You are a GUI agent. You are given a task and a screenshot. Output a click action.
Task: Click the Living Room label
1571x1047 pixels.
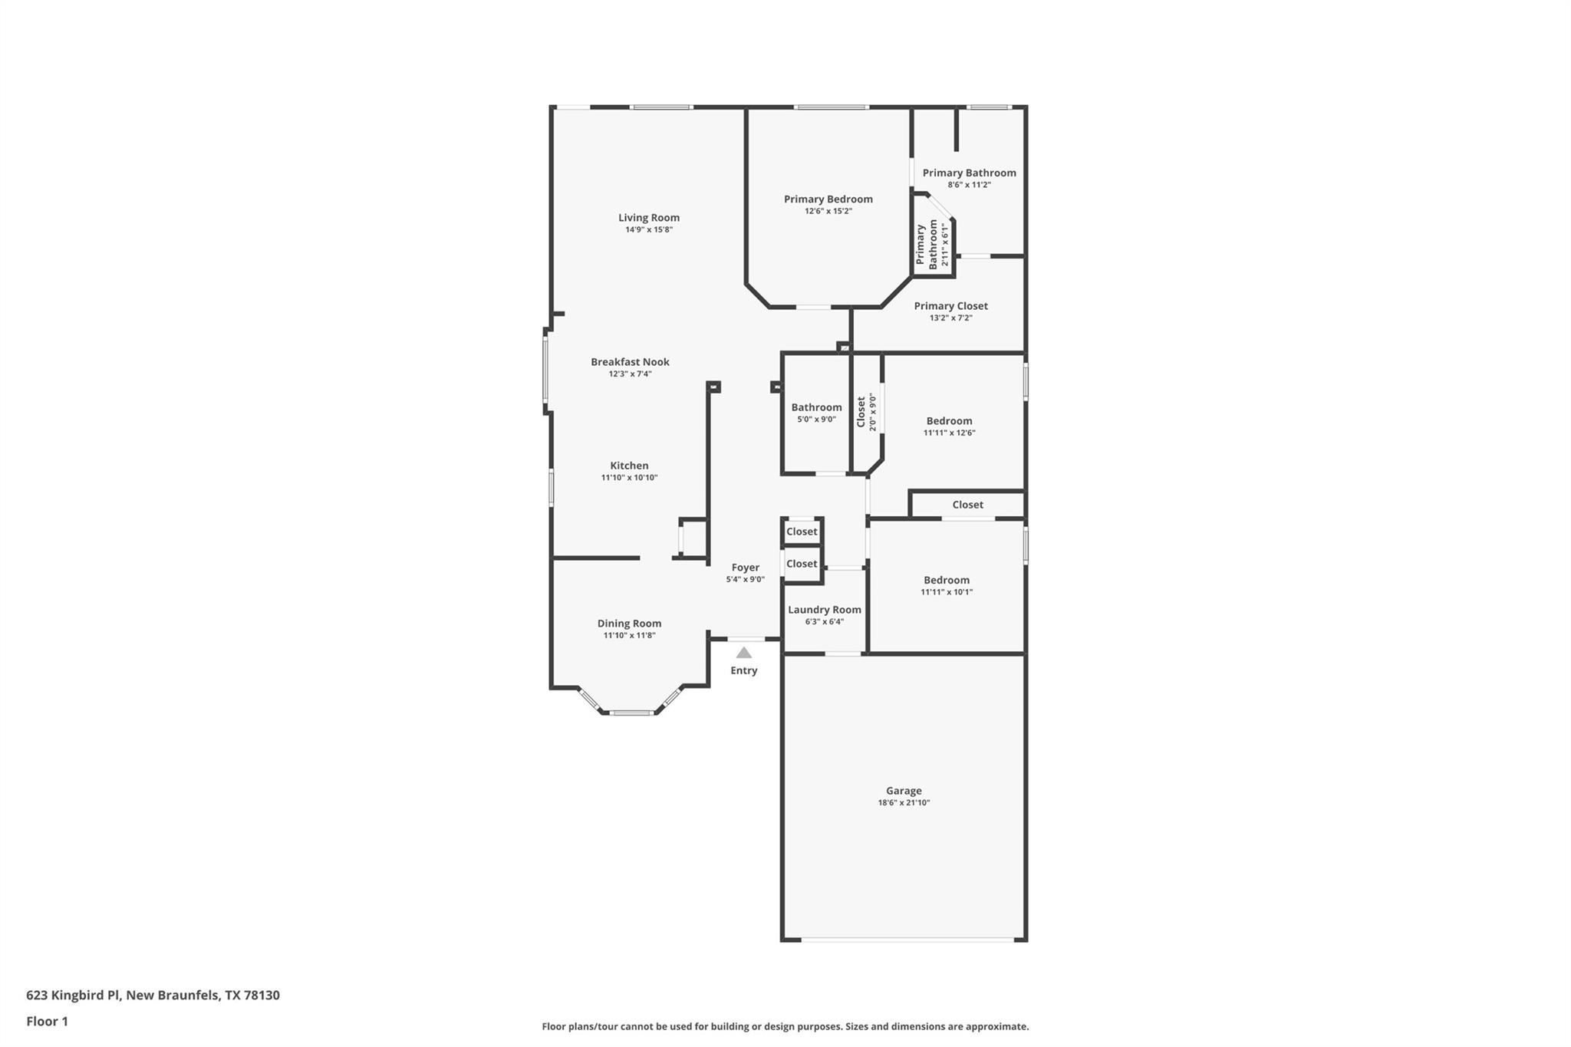[649, 218]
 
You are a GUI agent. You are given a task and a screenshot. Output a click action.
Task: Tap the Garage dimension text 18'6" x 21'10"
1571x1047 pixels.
[904, 803]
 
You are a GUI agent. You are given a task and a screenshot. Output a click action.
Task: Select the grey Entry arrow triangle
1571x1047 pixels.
[743, 653]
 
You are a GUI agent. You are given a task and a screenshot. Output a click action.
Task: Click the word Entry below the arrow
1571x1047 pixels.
[743, 670]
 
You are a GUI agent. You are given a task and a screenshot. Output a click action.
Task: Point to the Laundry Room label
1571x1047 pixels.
[825, 610]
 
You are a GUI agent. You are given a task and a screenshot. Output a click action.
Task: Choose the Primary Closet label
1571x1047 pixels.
[950, 306]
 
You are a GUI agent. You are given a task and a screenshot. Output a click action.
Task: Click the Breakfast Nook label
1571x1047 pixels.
[630, 362]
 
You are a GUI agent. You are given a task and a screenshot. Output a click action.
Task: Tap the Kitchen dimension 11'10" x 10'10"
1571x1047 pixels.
[629, 478]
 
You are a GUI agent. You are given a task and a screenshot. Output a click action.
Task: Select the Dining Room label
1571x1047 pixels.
[629, 624]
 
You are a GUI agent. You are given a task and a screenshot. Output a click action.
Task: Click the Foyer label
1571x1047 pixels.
[745, 568]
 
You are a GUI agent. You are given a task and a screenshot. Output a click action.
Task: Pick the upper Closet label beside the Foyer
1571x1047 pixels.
[802, 532]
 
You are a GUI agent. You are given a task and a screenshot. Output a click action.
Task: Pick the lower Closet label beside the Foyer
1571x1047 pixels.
[802, 564]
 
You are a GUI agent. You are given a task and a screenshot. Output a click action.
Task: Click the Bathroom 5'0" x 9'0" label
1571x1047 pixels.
[816, 408]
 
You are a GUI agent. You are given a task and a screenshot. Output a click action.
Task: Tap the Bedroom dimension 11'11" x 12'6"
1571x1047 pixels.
[949, 433]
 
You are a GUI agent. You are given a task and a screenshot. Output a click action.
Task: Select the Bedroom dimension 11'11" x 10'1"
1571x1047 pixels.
[947, 592]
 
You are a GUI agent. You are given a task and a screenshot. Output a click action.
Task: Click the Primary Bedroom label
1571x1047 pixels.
[828, 199]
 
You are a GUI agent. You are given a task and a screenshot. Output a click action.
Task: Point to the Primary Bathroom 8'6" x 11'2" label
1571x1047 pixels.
[969, 173]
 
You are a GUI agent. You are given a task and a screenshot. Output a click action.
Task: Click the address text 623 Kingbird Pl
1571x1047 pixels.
[74, 996]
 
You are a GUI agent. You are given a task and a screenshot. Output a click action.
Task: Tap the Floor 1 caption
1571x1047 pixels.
[47, 1022]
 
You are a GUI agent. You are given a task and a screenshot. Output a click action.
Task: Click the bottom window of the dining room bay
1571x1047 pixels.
[631, 713]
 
